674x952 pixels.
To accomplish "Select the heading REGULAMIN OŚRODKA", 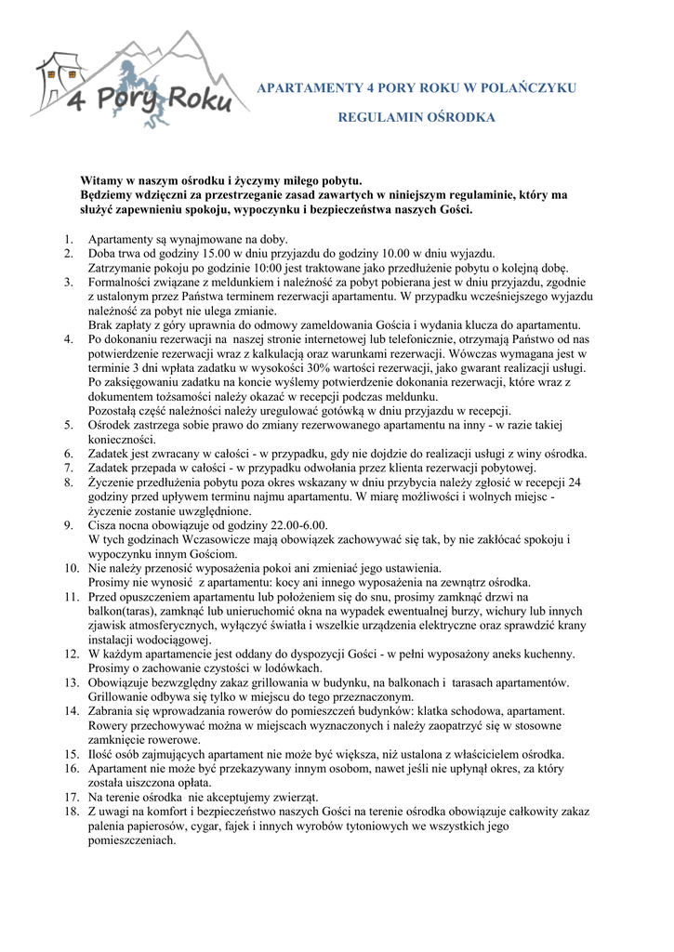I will click(x=403, y=118).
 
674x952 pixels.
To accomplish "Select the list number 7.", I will click(x=70, y=468).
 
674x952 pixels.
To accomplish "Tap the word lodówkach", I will click(x=291, y=668).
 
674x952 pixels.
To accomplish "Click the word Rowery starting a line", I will click(x=110, y=725).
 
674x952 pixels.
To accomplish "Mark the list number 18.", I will click(x=71, y=812).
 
